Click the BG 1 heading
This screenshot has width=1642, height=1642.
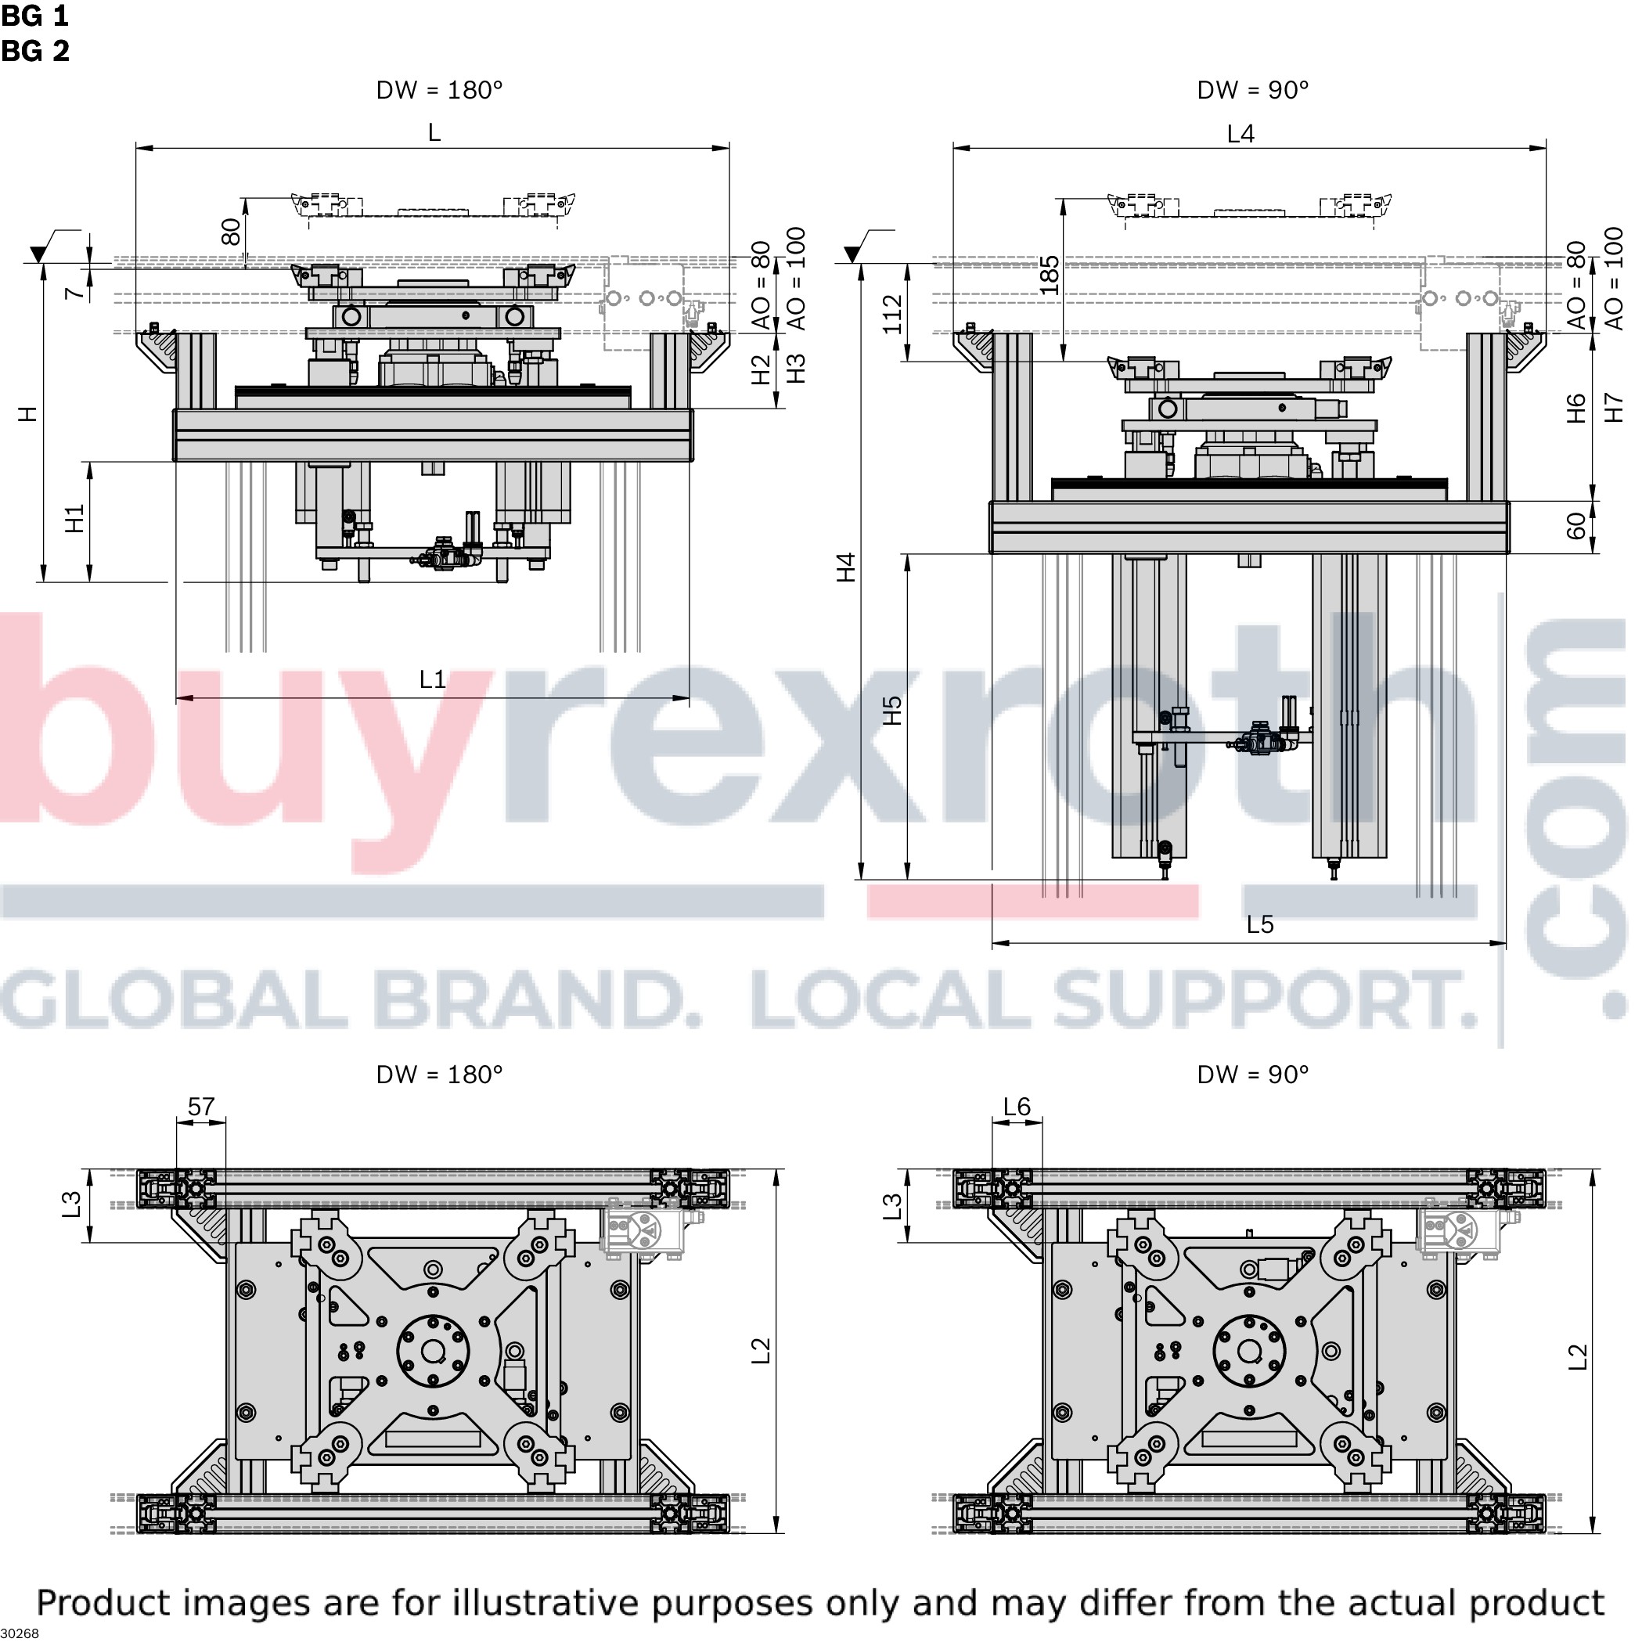(x=35, y=16)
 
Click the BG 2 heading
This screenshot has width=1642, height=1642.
(x=35, y=51)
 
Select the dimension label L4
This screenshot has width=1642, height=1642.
(x=1249, y=135)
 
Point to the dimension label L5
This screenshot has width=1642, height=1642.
(x=1269, y=931)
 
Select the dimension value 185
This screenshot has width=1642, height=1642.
(x=1058, y=277)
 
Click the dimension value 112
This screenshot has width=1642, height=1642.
(x=899, y=316)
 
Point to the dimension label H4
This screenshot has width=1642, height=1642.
(x=852, y=571)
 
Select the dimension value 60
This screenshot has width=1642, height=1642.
(x=1588, y=530)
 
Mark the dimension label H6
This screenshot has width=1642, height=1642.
(x=1588, y=412)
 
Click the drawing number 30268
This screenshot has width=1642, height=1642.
(x=20, y=1633)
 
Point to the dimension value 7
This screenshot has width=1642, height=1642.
(x=77, y=294)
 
